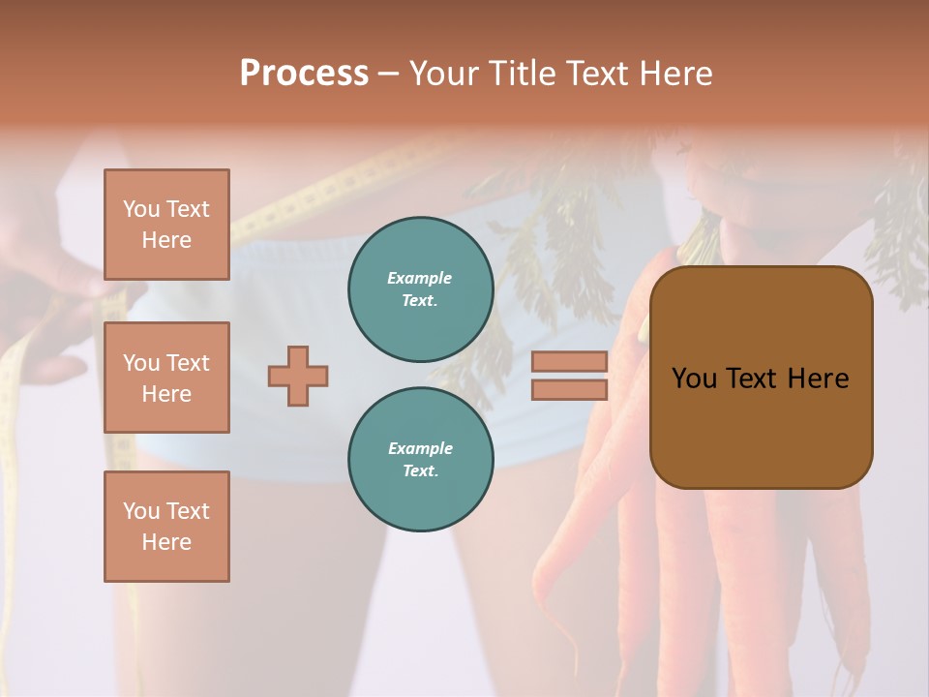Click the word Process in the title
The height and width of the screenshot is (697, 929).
(304, 74)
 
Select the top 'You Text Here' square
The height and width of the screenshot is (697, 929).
(166, 225)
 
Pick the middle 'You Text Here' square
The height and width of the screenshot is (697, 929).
(166, 378)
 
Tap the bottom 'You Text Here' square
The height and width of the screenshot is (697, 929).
(166, 527)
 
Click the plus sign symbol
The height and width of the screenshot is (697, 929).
(298, 376)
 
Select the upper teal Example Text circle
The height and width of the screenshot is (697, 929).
(420, 289)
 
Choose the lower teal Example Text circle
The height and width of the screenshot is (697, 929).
(420, 460)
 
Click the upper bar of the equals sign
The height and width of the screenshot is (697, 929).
(569, 361)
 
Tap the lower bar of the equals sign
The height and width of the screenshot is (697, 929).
(569, 389)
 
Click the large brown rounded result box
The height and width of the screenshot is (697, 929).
(761, 378)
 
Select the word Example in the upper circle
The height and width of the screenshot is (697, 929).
(420, 278)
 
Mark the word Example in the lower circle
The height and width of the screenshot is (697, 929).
(420, 448)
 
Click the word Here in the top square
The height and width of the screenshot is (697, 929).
(166, 240)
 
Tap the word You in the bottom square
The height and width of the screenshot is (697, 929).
(141, 511)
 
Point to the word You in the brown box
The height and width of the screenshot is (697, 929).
(694, 379)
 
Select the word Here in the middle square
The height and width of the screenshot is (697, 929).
(166, 394)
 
